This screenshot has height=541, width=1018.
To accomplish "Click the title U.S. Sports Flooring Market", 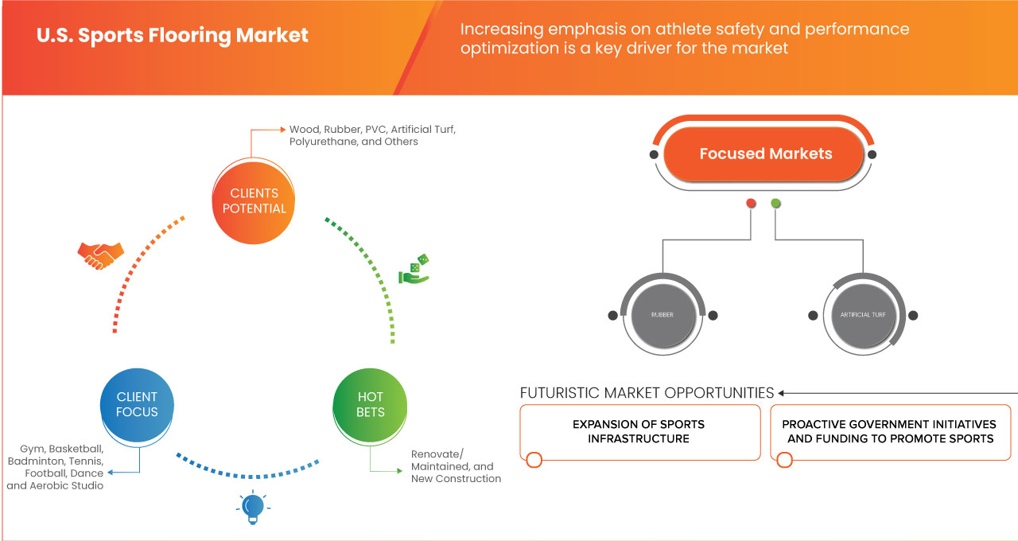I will coord(173,36).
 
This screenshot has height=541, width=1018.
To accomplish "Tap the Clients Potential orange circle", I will coord(254,200).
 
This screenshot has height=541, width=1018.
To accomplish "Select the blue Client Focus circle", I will coord(137,404).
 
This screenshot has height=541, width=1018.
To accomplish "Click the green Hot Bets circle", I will coord(370,404).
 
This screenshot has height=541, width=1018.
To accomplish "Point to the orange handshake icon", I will coord(100,255).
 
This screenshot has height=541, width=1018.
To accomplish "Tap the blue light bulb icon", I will coord(252,508).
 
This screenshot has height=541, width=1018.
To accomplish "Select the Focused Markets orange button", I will coord(765,154).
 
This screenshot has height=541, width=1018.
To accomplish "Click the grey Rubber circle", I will coord(662,315).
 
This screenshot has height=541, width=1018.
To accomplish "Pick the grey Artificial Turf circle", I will coord(863,315).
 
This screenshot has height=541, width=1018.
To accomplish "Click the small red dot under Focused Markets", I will coord(751,204).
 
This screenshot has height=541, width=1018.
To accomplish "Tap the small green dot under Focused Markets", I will coord(776,204).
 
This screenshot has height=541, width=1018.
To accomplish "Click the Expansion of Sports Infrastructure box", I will coord(639,432).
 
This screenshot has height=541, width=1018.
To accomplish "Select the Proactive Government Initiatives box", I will coord(888,432).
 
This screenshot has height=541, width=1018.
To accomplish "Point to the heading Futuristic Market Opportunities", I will coord(647,393).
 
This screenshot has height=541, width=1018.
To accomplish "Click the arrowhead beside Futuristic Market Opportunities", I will coord(782,393).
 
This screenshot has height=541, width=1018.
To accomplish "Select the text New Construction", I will coord(456,479).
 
